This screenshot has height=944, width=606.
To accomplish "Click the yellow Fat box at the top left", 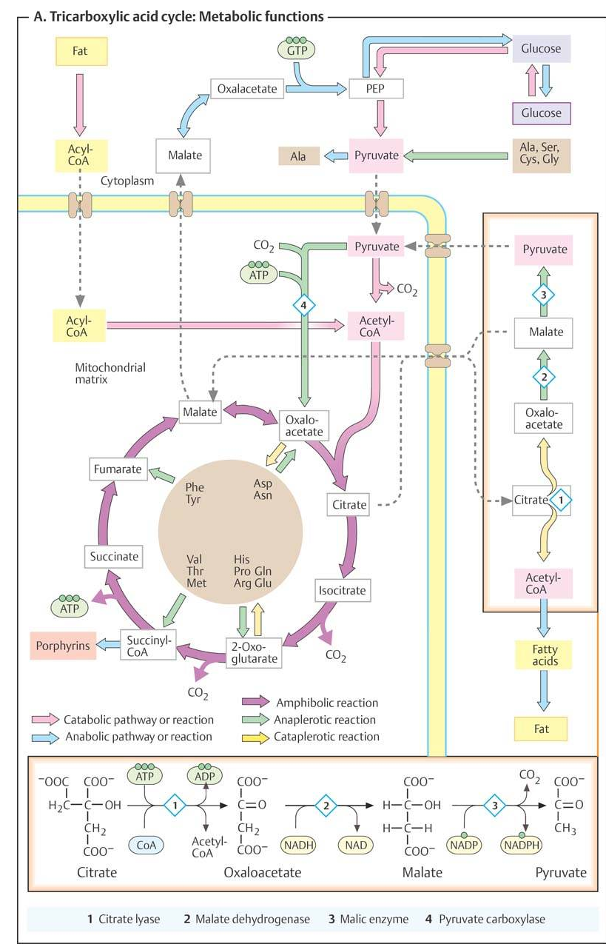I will [x=79, y=52].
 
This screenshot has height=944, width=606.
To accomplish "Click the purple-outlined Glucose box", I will [x=541, y=113].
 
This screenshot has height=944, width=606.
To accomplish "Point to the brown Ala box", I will [x=297, y=156].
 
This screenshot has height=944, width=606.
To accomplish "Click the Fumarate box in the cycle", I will [x=119, y=469].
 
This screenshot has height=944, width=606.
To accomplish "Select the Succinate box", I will [x=114, y=556].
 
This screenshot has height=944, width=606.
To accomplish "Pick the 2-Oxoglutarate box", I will [x=254, y=652].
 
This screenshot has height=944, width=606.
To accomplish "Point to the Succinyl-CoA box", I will [x=148, y=646].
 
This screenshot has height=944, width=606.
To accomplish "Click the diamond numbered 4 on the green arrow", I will [x=303, y=305].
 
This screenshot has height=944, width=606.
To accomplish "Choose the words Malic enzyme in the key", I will [x=374, y=919].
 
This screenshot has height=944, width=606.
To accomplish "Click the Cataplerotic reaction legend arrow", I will [x=255, y=737].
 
